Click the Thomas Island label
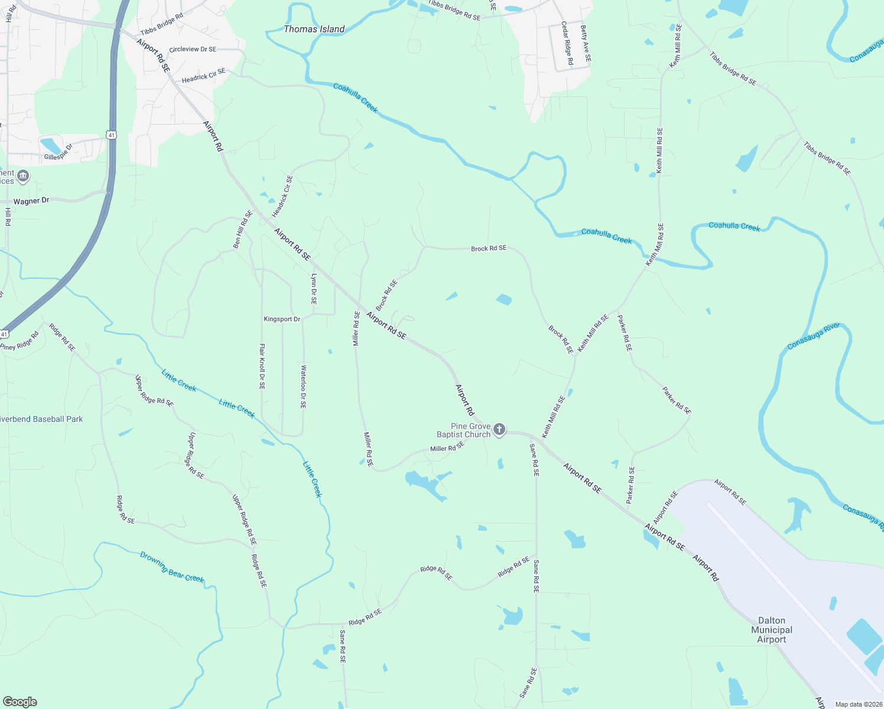coord(314,29)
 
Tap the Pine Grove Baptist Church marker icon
coord(499,430)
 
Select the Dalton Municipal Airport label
coord(771,630)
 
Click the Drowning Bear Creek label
coord(172,567)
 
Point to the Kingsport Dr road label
coord(282,319)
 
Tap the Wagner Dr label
coord(31,201)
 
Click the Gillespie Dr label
coord(58,152)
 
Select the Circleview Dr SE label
coord(193,50)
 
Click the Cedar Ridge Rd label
coord(567,43)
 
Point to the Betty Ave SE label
coord(586,44)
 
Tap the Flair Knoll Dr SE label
coord(262,366)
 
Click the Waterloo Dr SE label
coord(303,387)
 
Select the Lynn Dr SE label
coord(314,289)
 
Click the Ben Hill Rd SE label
coord(243,229)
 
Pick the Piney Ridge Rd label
coord(20,341)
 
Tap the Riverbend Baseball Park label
coord(41,419)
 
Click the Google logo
coord(20,702)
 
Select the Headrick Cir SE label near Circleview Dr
coord(203,76)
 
